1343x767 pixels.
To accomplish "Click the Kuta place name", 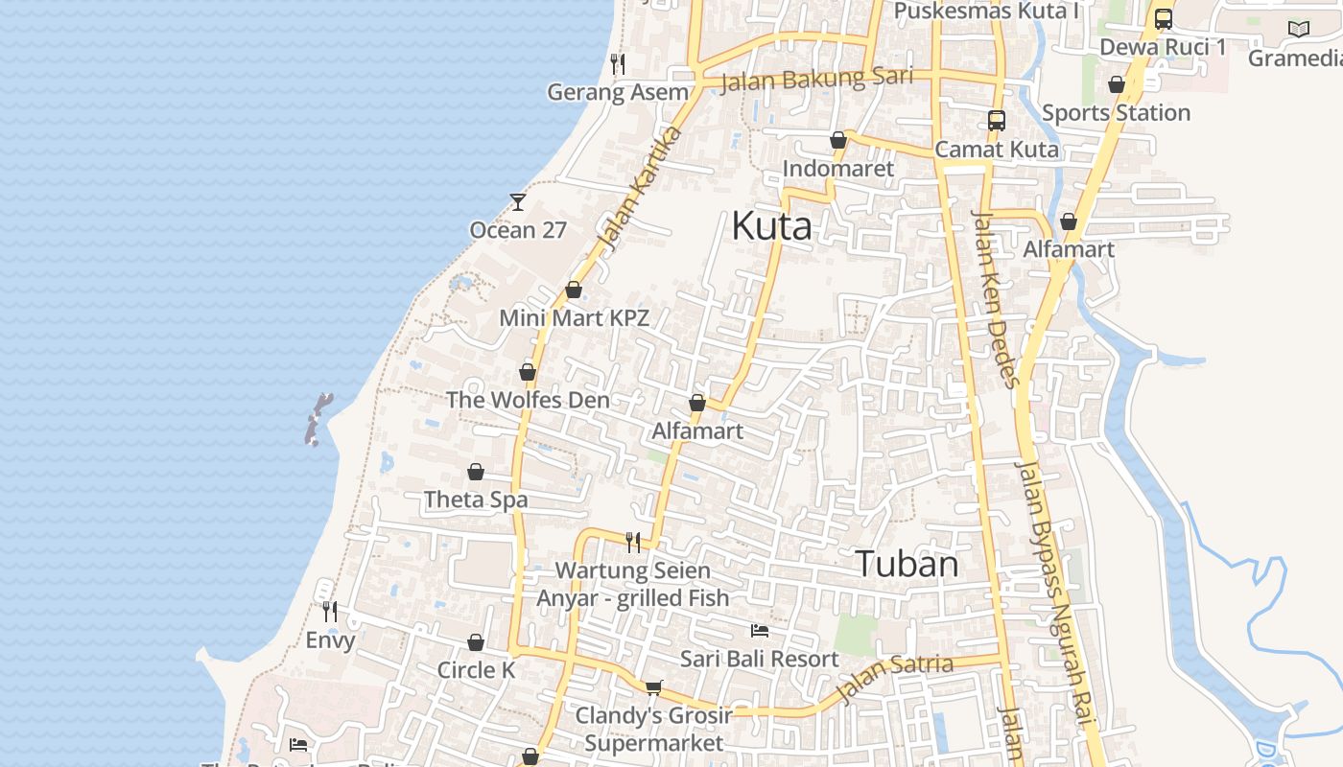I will pos(771,226).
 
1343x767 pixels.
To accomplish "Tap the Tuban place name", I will pos(907,564).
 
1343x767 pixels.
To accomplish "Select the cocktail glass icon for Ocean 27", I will pos(518,201).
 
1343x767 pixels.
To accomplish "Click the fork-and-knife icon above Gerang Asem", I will pos(618,64).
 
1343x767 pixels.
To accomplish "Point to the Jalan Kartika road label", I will pos(639,189).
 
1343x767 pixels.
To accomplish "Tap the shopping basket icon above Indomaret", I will pos(838,140).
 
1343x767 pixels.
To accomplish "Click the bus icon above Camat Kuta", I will pos(997,121).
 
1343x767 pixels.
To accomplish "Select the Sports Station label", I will pos(1116,113).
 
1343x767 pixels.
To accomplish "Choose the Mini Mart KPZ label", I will pos(574,318).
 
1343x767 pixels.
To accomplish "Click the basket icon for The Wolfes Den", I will pos(528,372).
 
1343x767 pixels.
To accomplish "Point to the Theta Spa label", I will pos(476,500).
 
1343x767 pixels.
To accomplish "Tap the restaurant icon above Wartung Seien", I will pos(633,543).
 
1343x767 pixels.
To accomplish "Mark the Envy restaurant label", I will pos(330,640).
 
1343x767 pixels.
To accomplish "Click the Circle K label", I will pos(476,670).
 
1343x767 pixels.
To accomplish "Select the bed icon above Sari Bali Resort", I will pos(760,631).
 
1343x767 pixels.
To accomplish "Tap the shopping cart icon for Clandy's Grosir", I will pos(654,686).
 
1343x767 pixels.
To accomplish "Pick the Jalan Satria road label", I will pos(895,676).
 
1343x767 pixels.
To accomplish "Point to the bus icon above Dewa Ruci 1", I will pos(1164,18).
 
